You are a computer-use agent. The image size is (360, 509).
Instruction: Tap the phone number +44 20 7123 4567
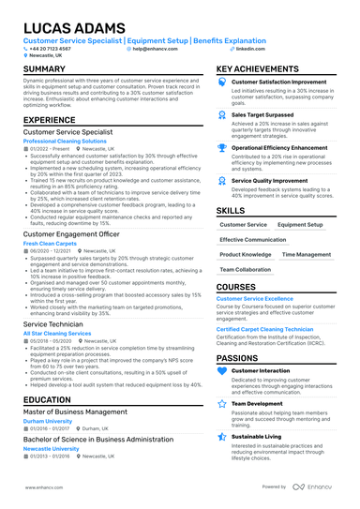pyautogui.click(x=52, y=48)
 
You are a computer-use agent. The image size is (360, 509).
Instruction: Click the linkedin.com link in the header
pyautogui.click(x=250, y=48)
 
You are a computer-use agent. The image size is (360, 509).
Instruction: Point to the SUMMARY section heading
pyautogui.click(x=44, y=69)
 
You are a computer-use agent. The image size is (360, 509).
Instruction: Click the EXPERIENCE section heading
pyautogui.click(x=49, y=120)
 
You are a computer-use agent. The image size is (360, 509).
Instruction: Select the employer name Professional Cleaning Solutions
pyautogui.click(x=71, y=141)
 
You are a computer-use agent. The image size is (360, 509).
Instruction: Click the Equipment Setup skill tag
pyautogui.click(x=300, y=225)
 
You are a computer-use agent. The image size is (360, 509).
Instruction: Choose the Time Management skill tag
pyautogui.click(x=306, y=254)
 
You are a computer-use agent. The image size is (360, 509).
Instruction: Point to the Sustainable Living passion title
pyautogui.click(x=259, y=436)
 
